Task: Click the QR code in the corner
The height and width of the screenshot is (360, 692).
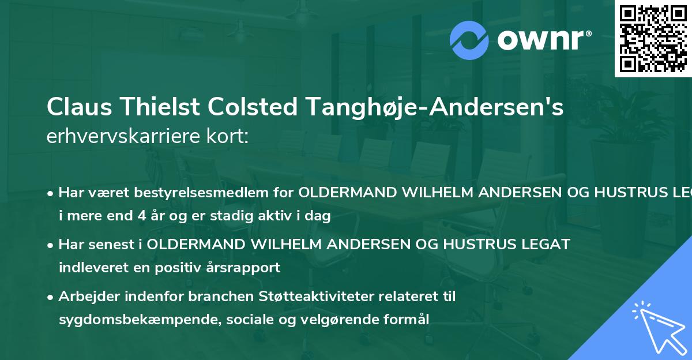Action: click(x=653, y=38)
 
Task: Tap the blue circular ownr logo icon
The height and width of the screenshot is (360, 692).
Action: click(x=469, y=40)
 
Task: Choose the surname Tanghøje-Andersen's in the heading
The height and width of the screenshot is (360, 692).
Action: click(x=439, y=108)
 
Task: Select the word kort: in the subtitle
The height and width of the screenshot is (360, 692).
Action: click(x=228, y=136)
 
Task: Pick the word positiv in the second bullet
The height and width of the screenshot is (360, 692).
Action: click(x=176, y=268)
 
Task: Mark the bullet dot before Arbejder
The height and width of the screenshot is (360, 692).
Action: click(x=51, y=297)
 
